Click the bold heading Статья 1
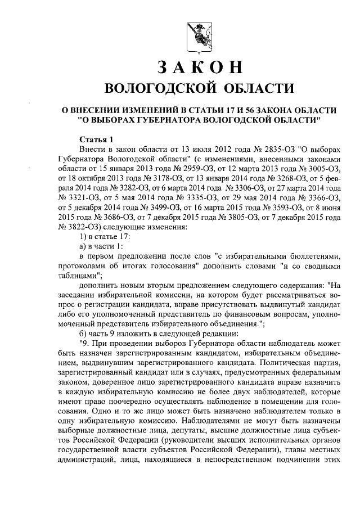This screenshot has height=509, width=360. (x=96, y=139)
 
